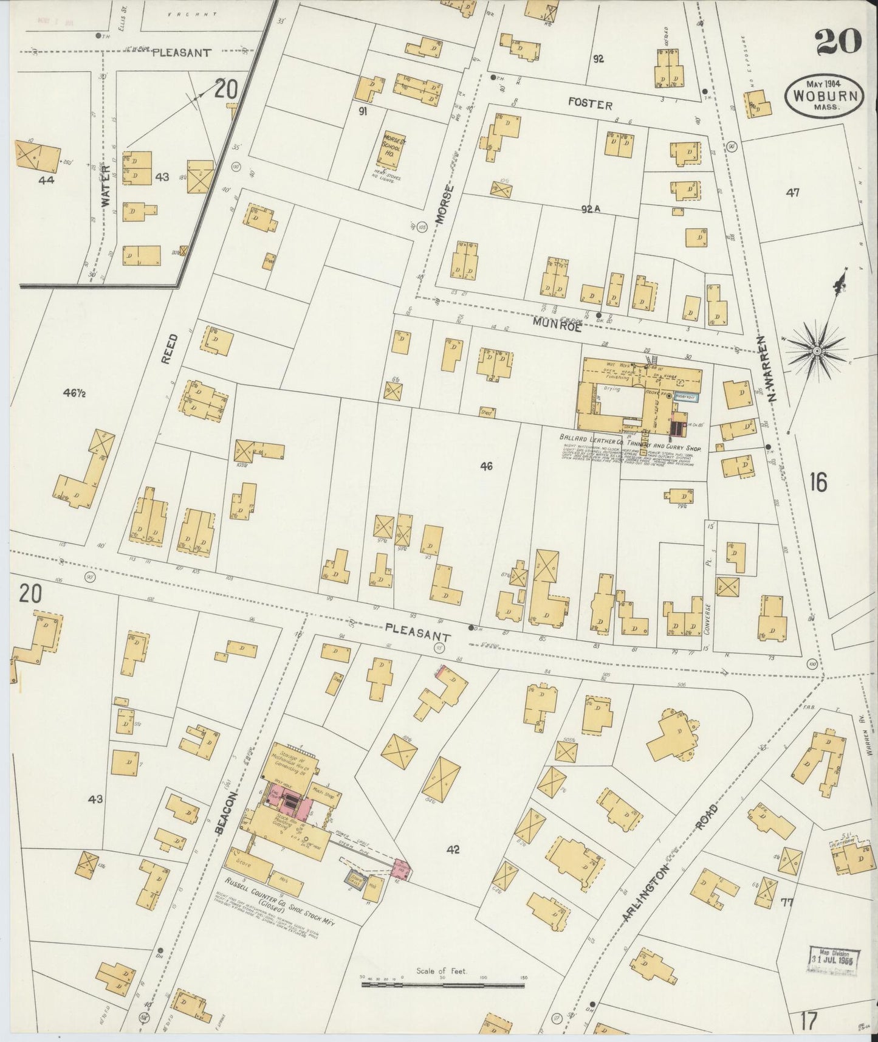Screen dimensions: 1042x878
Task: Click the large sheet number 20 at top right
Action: click(x=838, y=42)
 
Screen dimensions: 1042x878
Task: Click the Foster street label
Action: click(x=590, y=105)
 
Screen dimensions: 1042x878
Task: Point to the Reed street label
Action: click(x=171, y=348)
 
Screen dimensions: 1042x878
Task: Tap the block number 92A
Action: click(x=590, y=209)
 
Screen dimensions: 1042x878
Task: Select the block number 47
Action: click(x=792, y=193)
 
